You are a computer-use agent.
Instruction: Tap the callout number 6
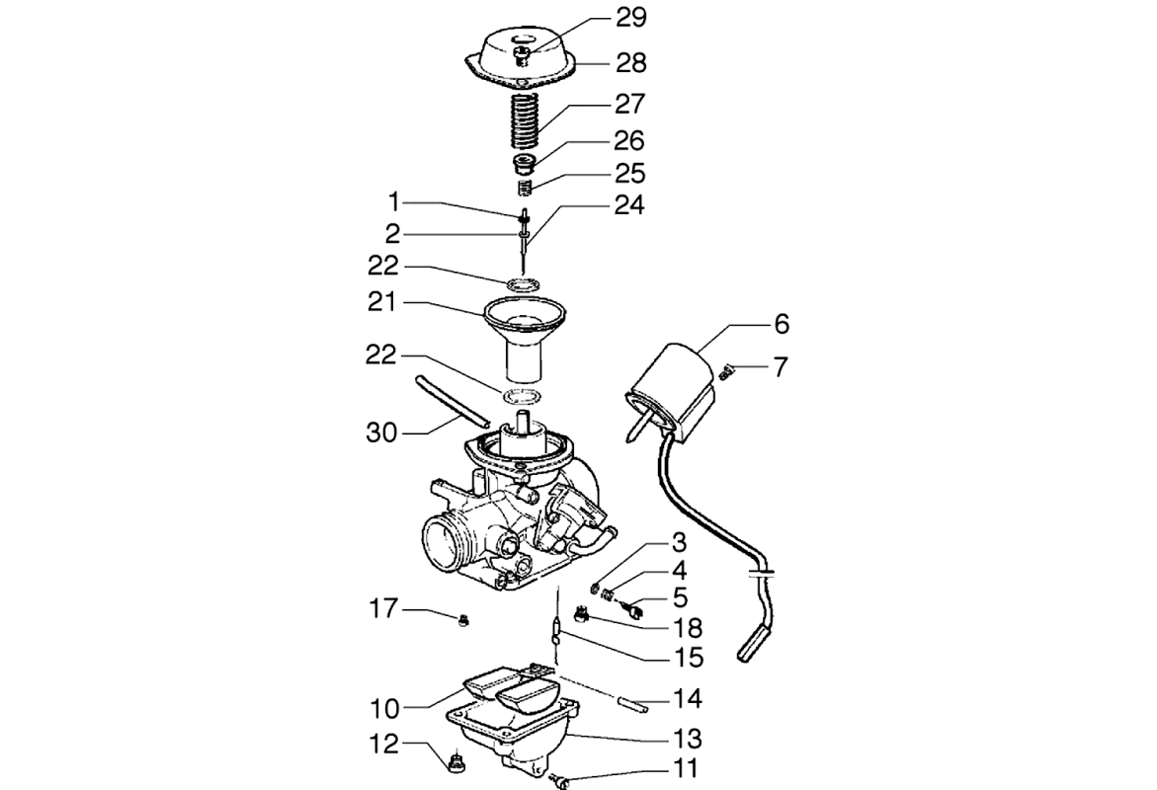point(782,324)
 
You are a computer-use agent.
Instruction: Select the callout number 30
point(381,432)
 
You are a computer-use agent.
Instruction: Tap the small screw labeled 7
point(729,371)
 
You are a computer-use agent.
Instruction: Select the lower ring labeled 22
point(524,397)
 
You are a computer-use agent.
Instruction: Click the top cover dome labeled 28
point(522,54)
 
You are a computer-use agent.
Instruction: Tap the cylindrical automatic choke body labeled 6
point(672,380)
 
